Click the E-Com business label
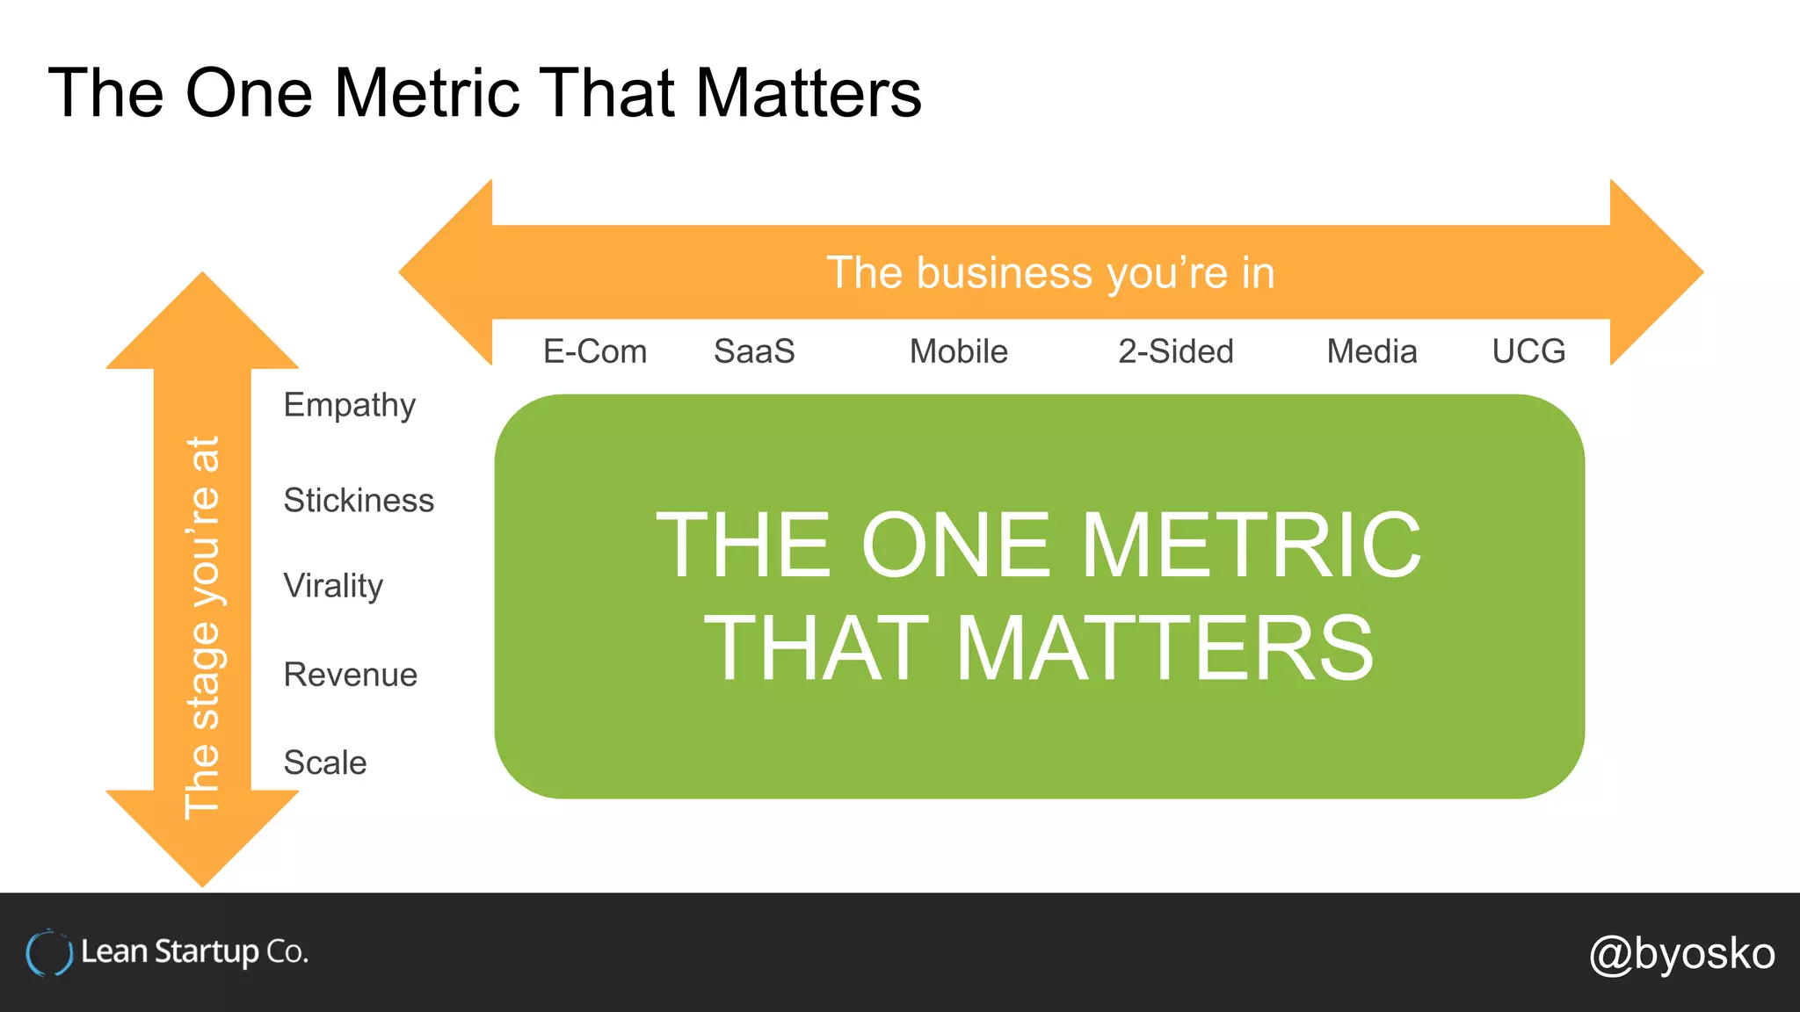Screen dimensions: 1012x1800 [594, 351]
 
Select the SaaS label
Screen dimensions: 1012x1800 [754, 351]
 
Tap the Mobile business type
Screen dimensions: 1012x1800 [958, 351]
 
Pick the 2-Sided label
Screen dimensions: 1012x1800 [1175, 351]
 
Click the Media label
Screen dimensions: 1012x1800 [1371, 351]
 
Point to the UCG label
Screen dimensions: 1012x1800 [1528, 351]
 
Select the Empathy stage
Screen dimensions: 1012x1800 [349, 406]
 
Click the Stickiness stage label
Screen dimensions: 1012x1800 [359, 500]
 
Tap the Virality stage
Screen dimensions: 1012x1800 [333, 586]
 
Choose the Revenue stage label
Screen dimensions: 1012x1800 [350, 675]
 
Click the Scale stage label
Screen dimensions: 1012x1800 [324, 763]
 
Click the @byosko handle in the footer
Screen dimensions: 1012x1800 [1681, 954]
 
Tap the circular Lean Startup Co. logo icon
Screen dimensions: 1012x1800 [48, 953]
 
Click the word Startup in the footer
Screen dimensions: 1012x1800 [207, 952]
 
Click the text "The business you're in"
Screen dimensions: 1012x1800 [1050, 272]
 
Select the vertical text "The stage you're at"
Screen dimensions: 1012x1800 [202, 627]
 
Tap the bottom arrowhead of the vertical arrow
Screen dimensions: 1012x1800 [202, 839]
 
